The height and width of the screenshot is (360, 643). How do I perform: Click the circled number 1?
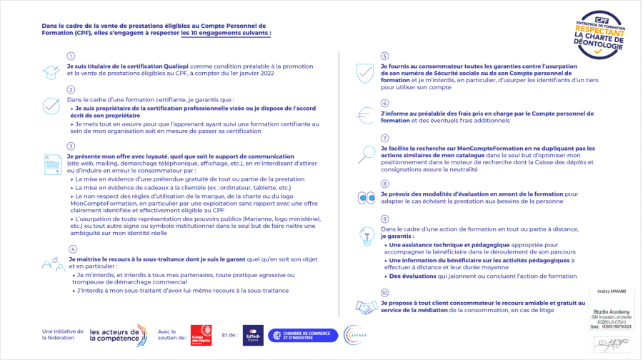point(71,56)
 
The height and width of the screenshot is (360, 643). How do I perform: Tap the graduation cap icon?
point(51,71)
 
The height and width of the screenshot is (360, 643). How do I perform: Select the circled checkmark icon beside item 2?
point(51,106)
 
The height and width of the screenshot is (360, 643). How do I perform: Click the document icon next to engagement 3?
point(51,164)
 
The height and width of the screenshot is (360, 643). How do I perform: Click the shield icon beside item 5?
point(365,73)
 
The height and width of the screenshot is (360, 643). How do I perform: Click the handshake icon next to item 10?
point(367,307)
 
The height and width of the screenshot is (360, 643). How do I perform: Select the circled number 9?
point(384,219)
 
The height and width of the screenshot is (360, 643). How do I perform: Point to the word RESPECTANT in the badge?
point(604,32)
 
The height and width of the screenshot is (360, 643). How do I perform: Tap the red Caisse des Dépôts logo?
point(201,334)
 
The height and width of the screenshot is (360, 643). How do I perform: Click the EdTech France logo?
point(253,334)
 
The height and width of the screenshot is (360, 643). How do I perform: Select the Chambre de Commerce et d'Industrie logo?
point(303,334)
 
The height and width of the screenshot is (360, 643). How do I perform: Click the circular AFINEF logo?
point(355,334)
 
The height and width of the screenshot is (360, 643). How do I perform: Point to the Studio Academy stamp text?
point(610,312)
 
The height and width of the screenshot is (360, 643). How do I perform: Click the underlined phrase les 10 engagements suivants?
point(226,33)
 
